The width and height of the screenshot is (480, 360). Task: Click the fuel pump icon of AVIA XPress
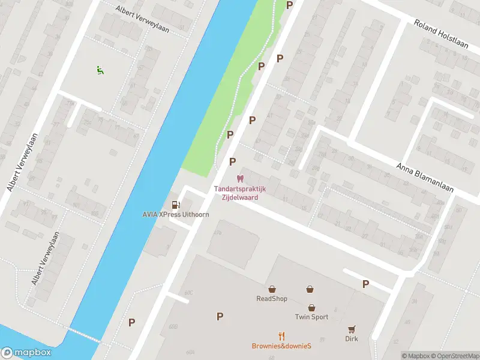pos(175,205)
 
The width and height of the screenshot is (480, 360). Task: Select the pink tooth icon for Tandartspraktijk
pos(241,179)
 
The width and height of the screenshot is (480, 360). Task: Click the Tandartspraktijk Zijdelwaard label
pos(240,192)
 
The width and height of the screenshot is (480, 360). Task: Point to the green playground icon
pos(100,70)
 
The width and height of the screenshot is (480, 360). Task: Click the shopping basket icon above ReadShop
pos(272,289)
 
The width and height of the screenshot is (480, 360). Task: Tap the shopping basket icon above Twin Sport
pos(311,289)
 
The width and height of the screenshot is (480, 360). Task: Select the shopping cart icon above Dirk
pos(352,329)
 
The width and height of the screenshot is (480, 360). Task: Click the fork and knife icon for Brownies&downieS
pos(281,336)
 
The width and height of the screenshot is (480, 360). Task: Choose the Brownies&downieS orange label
pos(281,346)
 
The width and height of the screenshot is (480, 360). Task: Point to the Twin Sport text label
pos(311,317)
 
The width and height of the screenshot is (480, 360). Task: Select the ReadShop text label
pos(272,299)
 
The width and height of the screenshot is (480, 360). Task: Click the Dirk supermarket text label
pos(352,339)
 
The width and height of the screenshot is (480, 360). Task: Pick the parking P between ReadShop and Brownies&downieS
pos(220,316)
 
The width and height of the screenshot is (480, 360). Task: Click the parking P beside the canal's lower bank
pos(131,322)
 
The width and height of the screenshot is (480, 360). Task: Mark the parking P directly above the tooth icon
pos(232,161)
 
